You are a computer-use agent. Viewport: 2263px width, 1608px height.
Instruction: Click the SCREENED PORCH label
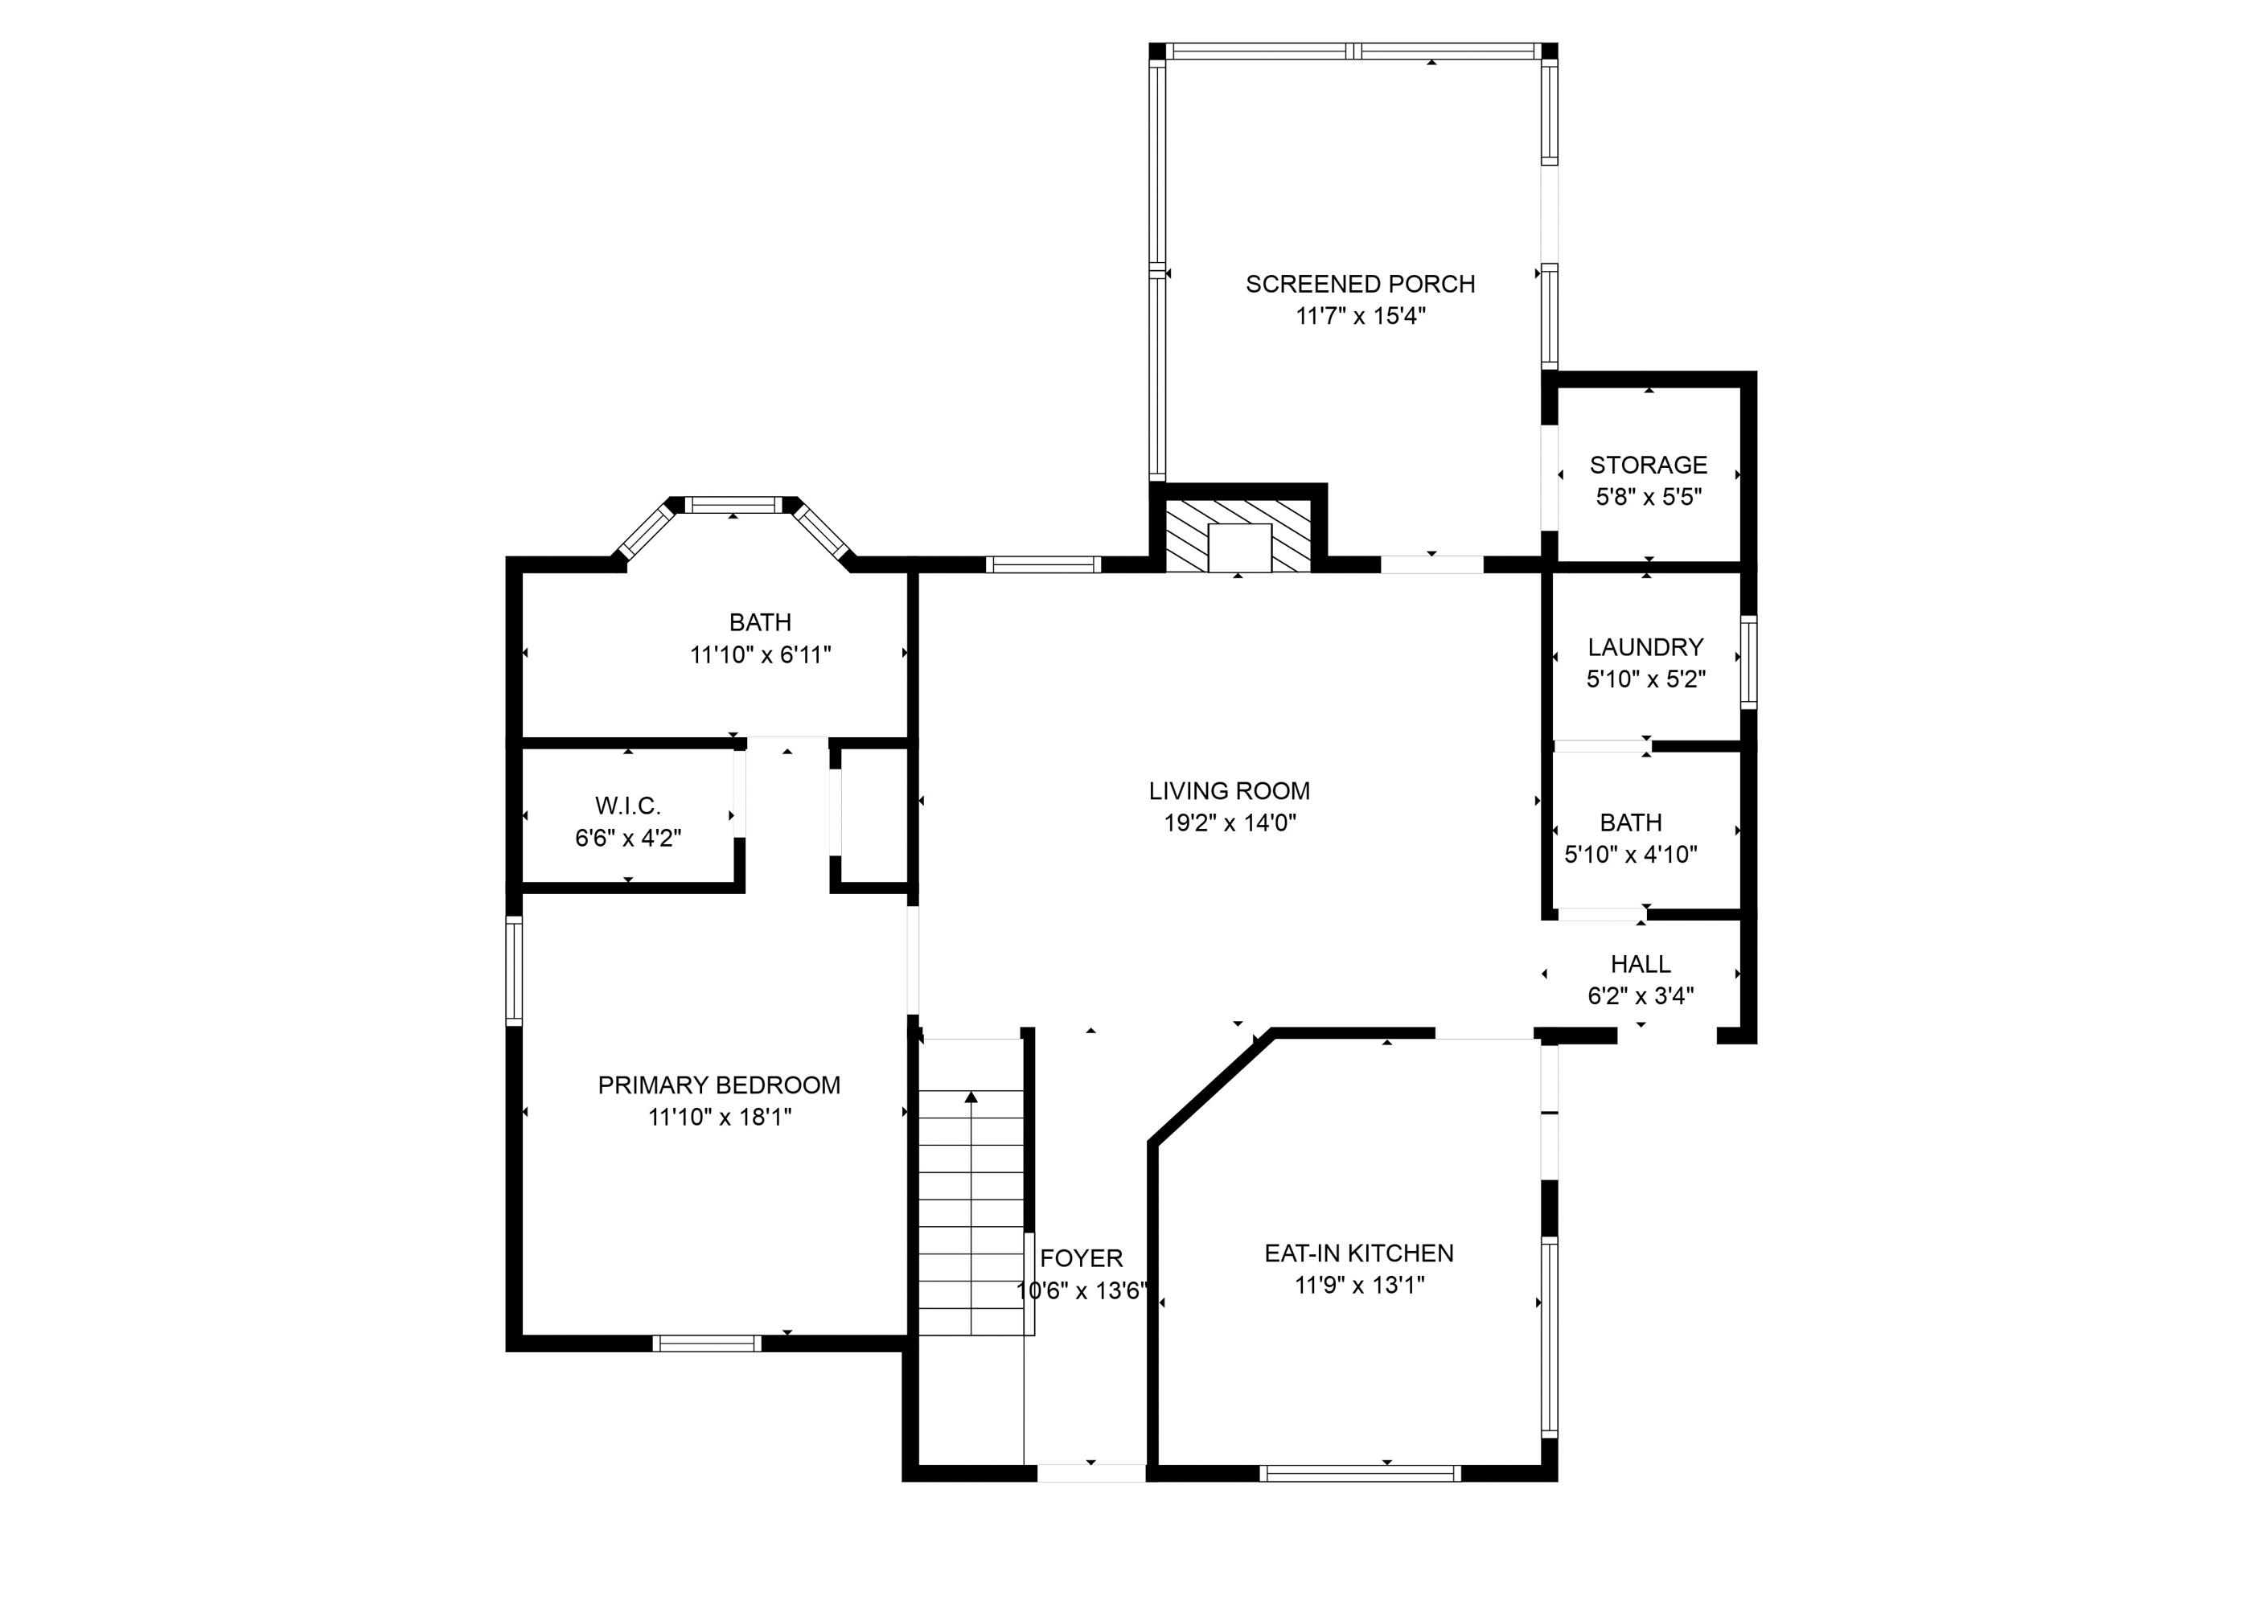pyautogui.click(x=1360, y=284)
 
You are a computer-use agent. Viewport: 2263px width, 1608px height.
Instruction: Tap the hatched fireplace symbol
pyautogui.click(x=1238, y=535)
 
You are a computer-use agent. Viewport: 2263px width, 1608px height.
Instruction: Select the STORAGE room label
pyautogui.click(x=1648, y=465)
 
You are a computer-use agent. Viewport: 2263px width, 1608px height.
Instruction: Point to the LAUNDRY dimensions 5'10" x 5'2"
pyautogui.click(x=1645, y=679)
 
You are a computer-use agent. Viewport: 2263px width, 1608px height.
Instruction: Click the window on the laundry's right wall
pyautogui.click(x=1748, y=662)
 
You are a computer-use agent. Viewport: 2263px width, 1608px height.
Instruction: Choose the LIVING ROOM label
pyautogui.click(x=1229, y=790)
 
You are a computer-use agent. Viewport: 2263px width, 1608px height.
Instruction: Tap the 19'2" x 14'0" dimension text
pyautogui.click(x=1229, y=822)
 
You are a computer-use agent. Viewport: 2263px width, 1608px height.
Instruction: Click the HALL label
pyautogui.click(x=1640, y=963)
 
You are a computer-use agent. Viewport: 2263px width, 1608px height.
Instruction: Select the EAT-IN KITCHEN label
pyautogui.click(x=1359, y=1253)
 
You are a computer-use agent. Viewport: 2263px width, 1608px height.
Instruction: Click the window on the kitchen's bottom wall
pyautogui.click(x=1360, y=1474)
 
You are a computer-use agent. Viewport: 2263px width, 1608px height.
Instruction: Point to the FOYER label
pyautogui.click(x=1082, y=1257)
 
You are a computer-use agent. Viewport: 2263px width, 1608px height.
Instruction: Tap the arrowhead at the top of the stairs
pyautogui.click(x=971, y=1097)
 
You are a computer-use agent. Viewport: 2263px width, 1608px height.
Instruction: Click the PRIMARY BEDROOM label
pyautogui.click(x=719, y=1085)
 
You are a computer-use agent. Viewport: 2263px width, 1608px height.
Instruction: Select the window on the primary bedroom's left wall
pyautogui.click(x=514, y=970)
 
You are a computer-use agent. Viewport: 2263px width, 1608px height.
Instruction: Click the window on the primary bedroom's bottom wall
pyautogui.click(x=707, y=1343)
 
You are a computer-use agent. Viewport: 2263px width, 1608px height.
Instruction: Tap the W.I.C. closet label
pyautogui.click(x=628, y=805)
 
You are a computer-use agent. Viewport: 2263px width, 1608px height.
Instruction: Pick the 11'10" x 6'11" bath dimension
pyautogui.click(x=760, y=654)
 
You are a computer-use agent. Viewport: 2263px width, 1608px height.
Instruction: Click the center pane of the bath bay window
pyautogui.click(x=734, y=505)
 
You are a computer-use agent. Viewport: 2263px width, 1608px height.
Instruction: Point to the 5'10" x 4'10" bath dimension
pyautogui.click(x=1630, y=855)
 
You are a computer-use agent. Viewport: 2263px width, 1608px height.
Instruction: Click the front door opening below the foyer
pyautogui.click(x=1090, y=1474)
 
